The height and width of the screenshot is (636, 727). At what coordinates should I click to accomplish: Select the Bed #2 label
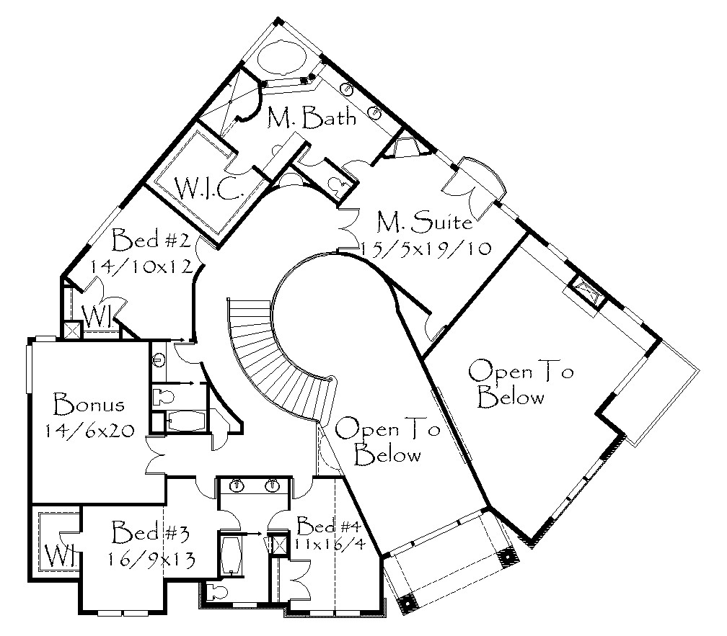click(151, 240)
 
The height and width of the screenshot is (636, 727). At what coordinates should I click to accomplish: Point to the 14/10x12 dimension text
click(141, 267)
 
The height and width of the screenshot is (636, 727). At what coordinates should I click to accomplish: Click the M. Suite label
click(424, 222)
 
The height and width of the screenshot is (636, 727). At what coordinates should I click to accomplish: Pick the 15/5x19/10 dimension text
click(426, 248)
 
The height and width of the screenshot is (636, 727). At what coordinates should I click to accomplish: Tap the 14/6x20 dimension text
click(89, 431)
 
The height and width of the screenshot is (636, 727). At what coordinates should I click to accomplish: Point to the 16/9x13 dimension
click(151, 559)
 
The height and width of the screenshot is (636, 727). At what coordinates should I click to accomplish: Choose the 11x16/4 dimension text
click(330, 543)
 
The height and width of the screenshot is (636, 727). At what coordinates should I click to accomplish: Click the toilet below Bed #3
click(217, 591)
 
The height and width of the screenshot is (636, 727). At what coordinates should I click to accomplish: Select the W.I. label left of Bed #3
click(61, 556)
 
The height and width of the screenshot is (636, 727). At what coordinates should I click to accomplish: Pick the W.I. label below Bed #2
click(98, 317)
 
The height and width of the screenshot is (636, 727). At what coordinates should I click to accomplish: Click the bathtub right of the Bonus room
click(186, 421)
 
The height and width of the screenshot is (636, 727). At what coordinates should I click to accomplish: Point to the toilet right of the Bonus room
click(163, 397)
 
